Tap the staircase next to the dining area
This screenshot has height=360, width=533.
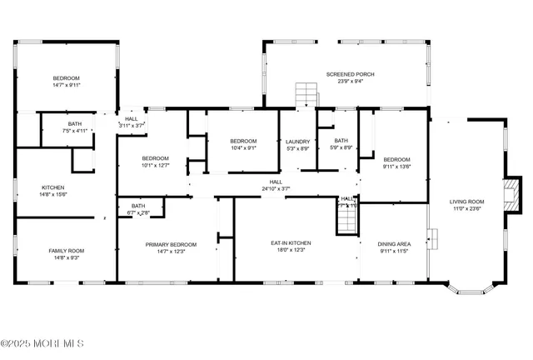click(346, 221)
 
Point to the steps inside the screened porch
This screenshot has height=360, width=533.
click(306, 94)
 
